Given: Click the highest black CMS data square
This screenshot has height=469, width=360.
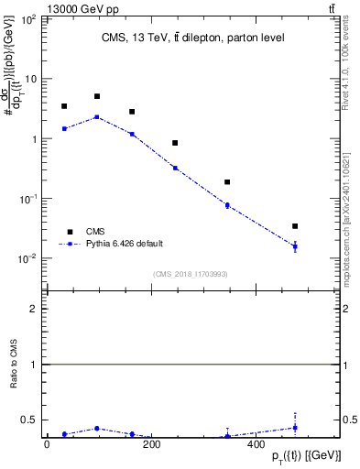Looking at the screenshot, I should [97, 96].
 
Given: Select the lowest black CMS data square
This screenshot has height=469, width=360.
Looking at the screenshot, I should [295, 226].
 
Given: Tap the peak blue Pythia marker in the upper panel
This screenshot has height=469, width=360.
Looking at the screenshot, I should [97, 117].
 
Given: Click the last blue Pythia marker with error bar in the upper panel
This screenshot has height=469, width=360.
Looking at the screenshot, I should [295, 246].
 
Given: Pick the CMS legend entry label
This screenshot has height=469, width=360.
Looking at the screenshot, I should [95, 232].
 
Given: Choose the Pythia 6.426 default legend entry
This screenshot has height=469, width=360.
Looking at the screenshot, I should [125, 244].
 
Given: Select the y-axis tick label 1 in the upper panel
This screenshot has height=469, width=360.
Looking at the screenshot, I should [35, 139].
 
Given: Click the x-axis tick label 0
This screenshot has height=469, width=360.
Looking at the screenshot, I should [47, 445].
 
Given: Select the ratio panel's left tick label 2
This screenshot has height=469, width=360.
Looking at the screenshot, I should [35, 310].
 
